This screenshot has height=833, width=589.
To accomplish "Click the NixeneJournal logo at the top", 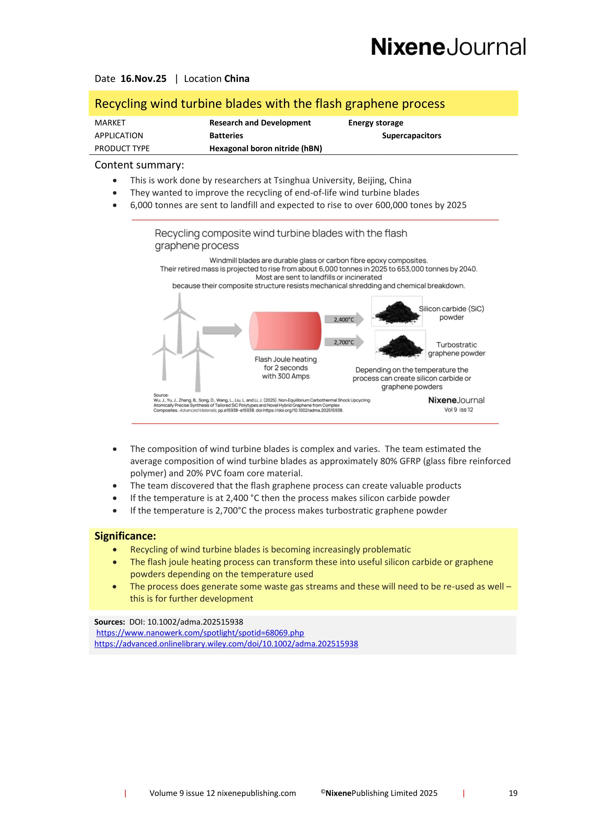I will click(x=448, y=47).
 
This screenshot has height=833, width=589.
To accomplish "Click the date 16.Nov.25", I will click(x=143, y=79).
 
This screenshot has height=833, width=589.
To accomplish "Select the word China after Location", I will click(x=237, y=79).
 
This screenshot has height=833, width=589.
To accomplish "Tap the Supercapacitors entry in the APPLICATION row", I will click(x=411, y=136).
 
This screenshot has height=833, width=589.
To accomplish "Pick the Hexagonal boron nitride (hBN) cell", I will click(x=265, y=149).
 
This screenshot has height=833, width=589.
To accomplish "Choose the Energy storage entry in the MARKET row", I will click(x=375, y=123).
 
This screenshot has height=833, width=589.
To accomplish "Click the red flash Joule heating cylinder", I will click(x=285, y=330).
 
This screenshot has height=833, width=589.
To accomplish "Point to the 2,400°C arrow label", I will click(x=343, y=319).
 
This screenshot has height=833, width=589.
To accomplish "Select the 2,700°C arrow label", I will click(x=343, y=342).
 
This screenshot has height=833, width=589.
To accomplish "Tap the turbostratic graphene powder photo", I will click(x=400, y=345).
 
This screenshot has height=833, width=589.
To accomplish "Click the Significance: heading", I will click(x=125, y=536).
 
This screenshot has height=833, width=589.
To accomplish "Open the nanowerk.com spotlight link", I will click(x=200, y=633).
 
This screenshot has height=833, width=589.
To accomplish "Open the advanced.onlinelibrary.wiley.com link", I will click(x=226, y=644).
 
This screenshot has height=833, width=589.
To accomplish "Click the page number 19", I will click(x=513, y=793).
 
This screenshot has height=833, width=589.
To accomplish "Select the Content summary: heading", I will click(x=139, y=165).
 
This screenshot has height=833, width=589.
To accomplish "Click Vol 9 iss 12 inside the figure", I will click(x=458, y=410).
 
